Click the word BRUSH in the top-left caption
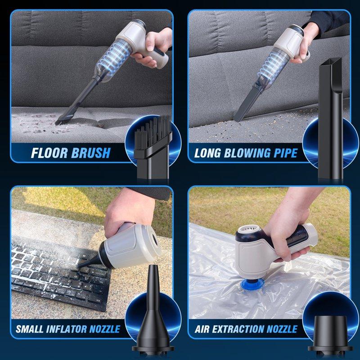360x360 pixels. pyautogui.click(x=90, y=153)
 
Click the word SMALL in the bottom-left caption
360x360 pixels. pyautogui.click(x=30, y=329)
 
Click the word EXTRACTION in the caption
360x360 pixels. pyautogui.click(x=239, y=329)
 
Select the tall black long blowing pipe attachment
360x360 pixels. pyautogui.click(x=331, y=117)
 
